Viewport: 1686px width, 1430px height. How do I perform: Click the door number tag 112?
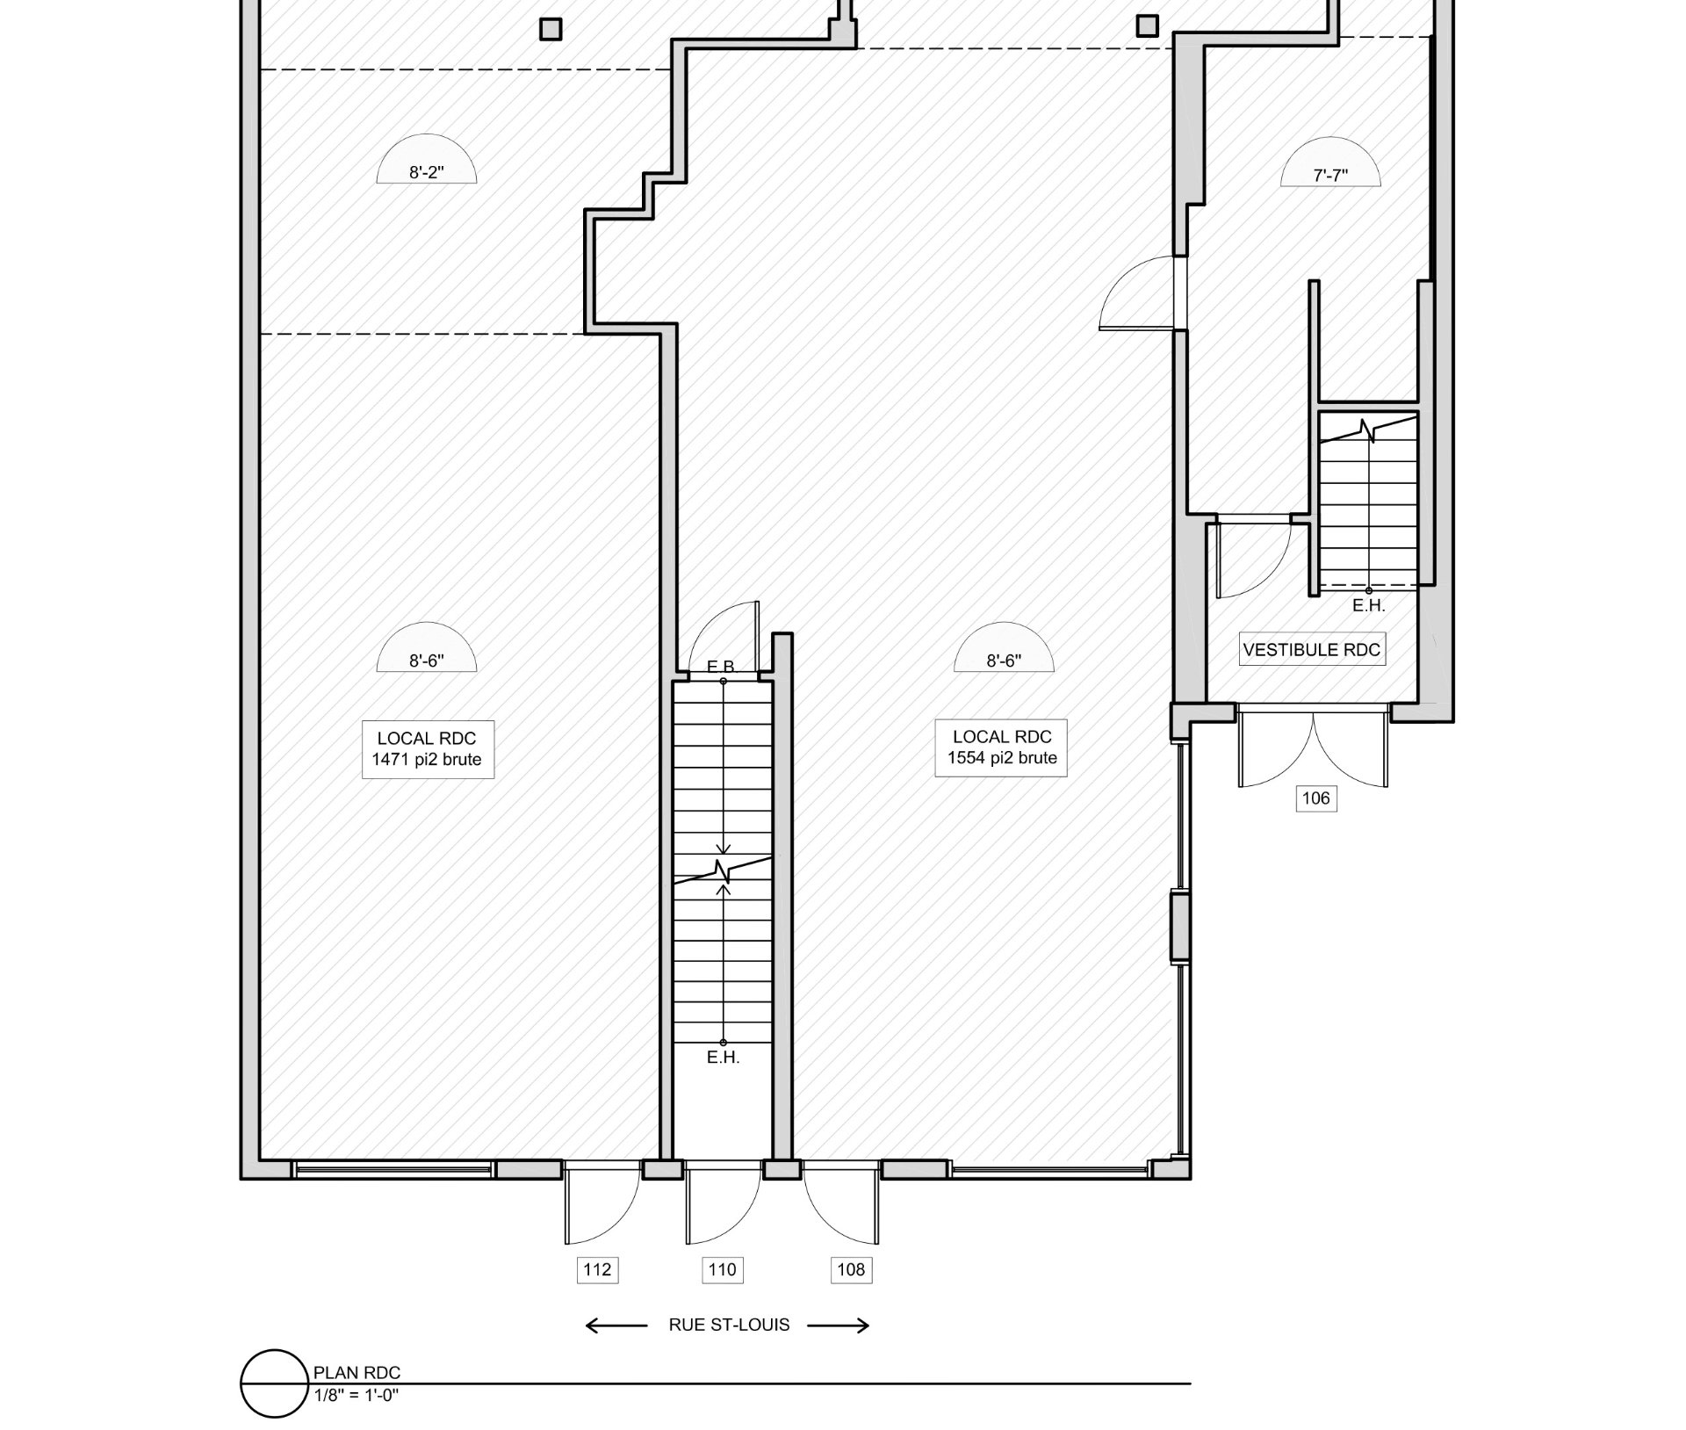[x=597, y=1269]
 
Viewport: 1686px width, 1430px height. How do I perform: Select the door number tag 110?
[x=723, y=1269]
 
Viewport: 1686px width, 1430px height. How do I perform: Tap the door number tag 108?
[x=851, y=1269]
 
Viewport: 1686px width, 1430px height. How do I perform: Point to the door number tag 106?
[x=1316, y=798]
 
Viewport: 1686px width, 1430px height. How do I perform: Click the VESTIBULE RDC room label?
[x=1312, y=650]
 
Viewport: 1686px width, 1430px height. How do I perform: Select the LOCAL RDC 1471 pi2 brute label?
[x=428, y=749]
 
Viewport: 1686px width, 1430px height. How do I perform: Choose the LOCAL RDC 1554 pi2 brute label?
[x=1001, y=747]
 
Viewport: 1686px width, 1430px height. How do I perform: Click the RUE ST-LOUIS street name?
[x=729, y=1325]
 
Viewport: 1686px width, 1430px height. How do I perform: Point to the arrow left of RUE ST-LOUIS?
[x=616, y=1325]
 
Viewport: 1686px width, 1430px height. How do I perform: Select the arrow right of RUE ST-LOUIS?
[x=839, y=1325]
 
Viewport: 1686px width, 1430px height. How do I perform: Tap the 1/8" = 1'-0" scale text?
[x=357, y=1394]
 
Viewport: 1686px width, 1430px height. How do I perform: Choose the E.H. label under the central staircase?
[x=724, y=1058]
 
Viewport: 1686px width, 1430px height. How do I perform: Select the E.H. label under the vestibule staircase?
[x=1368, y=605]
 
